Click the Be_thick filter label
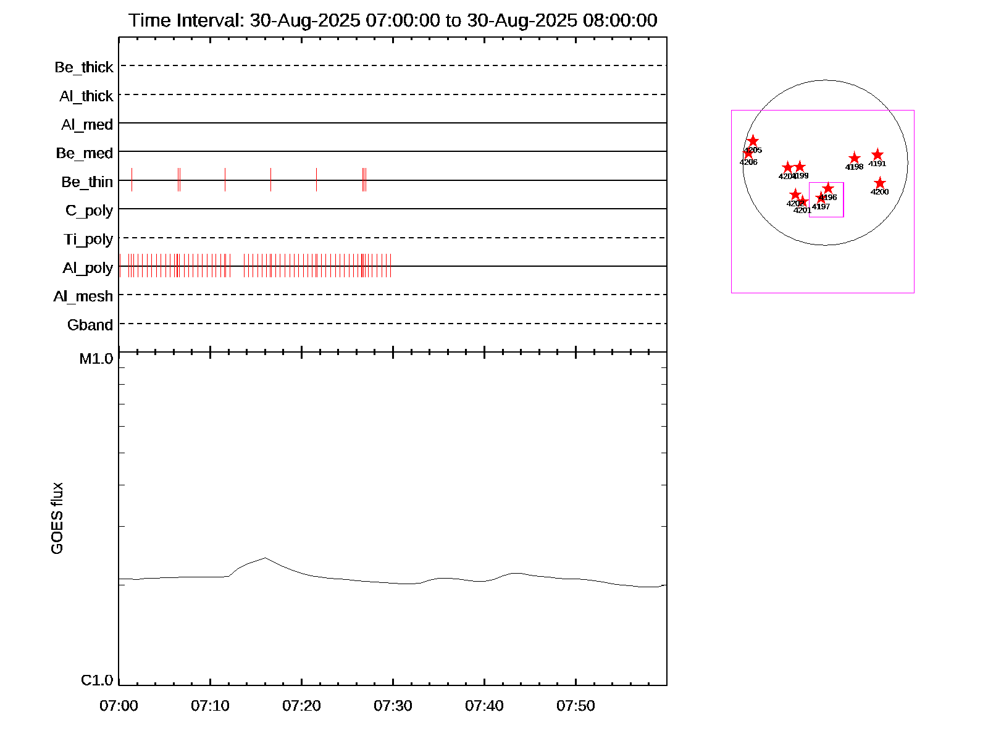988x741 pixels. [x=84, y=67]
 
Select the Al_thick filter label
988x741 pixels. [x=86, y=96]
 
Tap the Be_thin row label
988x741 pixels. [x=87, y=182]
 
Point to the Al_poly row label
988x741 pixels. [x=88, y=268]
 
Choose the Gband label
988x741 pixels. [x=90, y=325]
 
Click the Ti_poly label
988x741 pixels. [x=88, y=240]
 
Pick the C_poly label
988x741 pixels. [x=90, y=211]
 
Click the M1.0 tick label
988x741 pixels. [x=96, y=359]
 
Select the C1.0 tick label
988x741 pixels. [x=97, y=680]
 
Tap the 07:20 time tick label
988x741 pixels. [x=301, y=706]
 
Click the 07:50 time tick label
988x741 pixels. [x=576, y=706]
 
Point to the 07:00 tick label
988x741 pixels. [x=119, y=706]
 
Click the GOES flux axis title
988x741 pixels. [x=57, y=519]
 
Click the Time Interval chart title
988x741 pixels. [x=393, y=20]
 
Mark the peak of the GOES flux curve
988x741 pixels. [x=265, y=558]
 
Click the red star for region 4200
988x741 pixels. [x=880, y=183]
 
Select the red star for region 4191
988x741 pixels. [x=877, y=155]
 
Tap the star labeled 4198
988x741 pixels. [x=854, y=159]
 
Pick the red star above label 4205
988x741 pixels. [x=753, y=141]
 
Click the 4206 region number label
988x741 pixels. [x=748, y=162]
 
